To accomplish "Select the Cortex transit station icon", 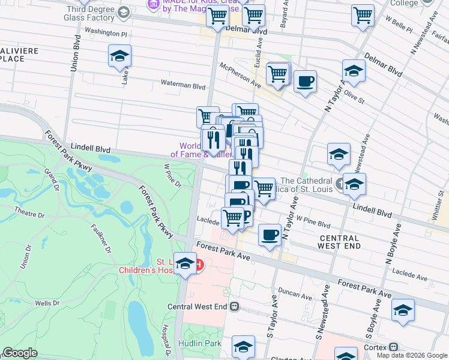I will tap(393, 347).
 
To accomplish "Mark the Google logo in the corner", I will tap(20, 353).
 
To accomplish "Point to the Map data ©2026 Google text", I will tap(412, 355).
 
